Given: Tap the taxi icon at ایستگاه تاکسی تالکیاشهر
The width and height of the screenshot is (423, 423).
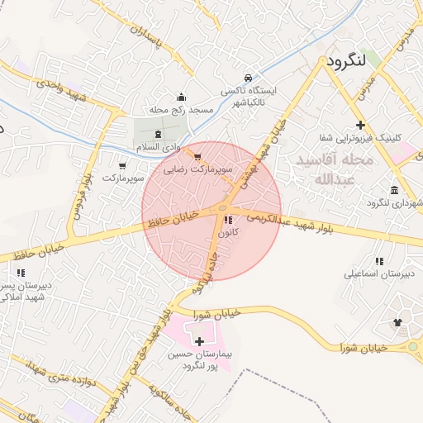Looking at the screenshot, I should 249,76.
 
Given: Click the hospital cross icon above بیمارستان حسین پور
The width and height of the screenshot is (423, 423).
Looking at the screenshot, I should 199,340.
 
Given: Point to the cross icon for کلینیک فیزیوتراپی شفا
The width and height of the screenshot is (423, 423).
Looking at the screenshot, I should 361,124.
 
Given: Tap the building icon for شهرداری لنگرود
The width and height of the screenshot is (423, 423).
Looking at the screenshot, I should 395,189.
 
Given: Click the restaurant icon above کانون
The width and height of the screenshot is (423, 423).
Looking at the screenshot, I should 228,220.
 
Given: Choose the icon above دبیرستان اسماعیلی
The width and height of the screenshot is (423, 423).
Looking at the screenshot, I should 382,259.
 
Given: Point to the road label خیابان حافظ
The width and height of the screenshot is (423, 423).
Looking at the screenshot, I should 171,219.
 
